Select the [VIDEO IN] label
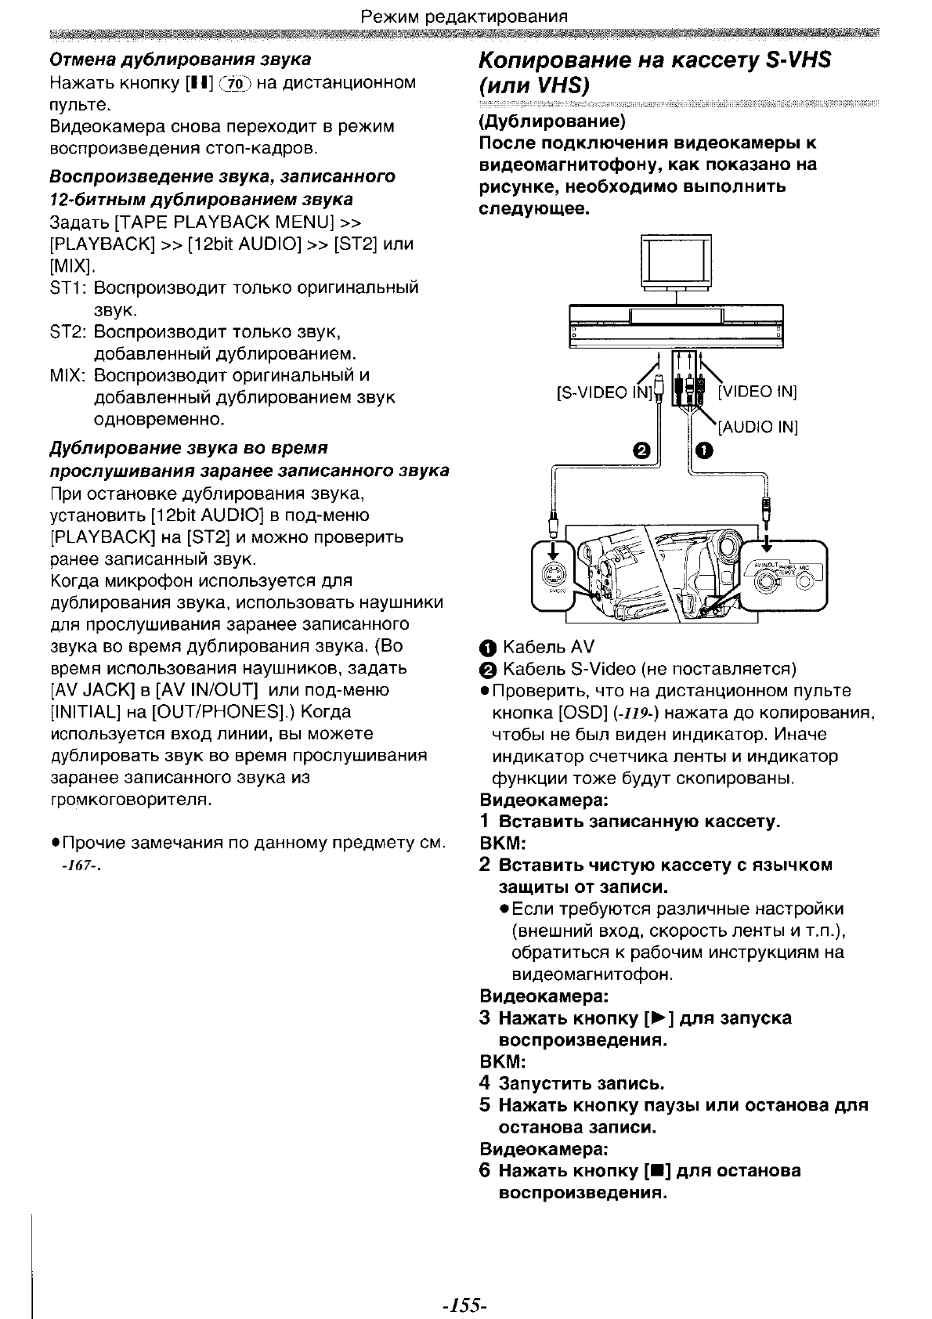pyautogui.click(x=757, y=392)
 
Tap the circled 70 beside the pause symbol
pyautogui.click(x=235, y=83)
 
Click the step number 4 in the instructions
pyautogui.click(x=485, y=1083)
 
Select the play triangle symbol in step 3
pyautogui.click(x=659, y=1018)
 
